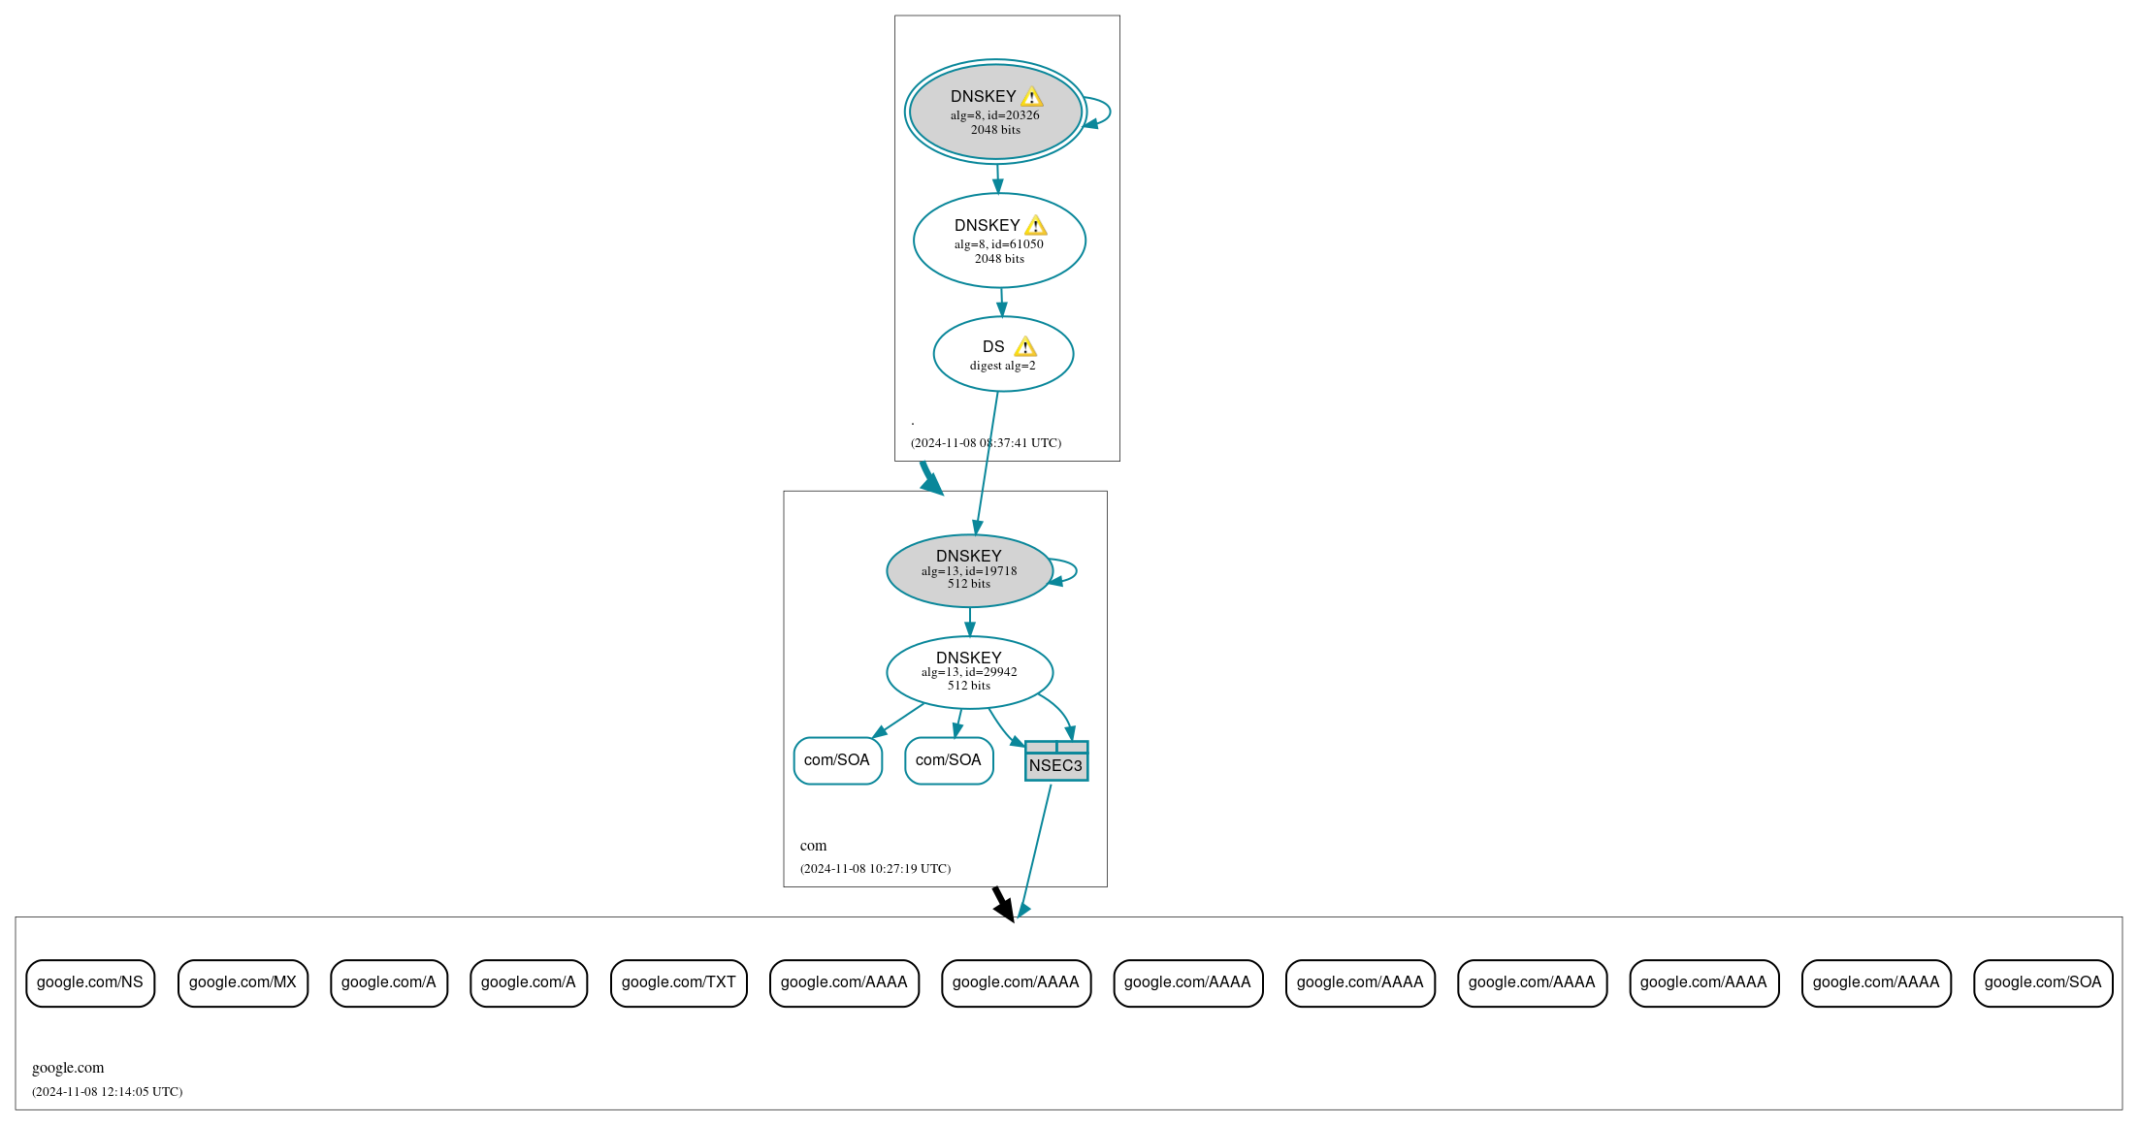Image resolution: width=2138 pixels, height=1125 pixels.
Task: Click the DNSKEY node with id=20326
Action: pos(995,112)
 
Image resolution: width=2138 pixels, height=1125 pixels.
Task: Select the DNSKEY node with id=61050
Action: pos(999,241)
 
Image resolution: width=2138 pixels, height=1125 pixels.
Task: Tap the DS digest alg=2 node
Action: pos(1003,354)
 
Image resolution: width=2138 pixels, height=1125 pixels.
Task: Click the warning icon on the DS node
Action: pos(1025,347)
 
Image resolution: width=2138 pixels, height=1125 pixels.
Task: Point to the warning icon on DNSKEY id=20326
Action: pos(1031,97)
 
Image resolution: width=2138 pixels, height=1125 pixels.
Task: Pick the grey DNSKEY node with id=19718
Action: pos(969,570)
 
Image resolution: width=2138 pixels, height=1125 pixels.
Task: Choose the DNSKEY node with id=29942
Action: pos(969,672)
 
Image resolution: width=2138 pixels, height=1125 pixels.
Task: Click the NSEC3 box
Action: pos(1055,761)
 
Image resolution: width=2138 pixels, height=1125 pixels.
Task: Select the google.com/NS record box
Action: pos(90,982)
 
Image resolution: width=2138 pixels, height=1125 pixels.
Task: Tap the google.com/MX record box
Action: pos(243,982)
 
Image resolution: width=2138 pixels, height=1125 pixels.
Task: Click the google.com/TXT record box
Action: pos(678,982)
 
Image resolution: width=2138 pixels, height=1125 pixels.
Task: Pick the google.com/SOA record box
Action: pos(2042,982)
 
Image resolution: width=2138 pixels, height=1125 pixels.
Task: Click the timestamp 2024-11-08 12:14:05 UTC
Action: pos(107,1091)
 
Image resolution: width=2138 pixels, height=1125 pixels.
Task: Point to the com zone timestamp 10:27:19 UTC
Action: pos(875,868)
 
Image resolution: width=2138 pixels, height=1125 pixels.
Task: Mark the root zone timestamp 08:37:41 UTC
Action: pos(986,442)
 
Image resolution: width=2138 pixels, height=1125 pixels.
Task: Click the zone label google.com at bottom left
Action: pos(68,1067)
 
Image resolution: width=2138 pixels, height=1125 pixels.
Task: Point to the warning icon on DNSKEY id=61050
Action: pos(1035,226)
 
